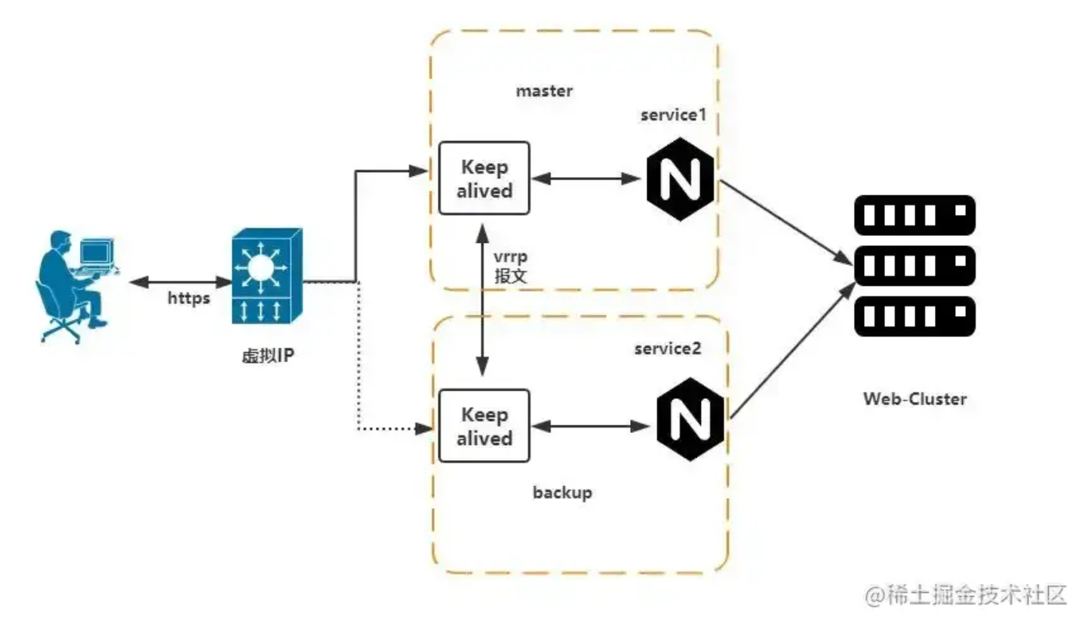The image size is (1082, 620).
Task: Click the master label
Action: tap(544, 91)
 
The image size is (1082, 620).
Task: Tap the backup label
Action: tap(562, 493)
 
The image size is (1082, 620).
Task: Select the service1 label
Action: tap(672, 115)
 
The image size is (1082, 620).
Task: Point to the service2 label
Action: tap(668, 348)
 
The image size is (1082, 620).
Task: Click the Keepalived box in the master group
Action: tap(484, 179)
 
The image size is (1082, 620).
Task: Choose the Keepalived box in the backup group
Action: tap(484, 426)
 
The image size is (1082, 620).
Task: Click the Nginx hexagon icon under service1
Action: tap(680, 179)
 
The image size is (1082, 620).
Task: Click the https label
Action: tap(189, 298)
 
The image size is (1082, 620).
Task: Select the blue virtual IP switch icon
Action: tap(268, 277)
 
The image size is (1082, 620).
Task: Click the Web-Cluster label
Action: tap(914, 399)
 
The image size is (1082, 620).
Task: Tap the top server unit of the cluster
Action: tap(914, 216)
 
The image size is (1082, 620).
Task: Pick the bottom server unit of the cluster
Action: tap(914, 316)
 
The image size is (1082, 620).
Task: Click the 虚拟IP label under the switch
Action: tap(268, 355)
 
